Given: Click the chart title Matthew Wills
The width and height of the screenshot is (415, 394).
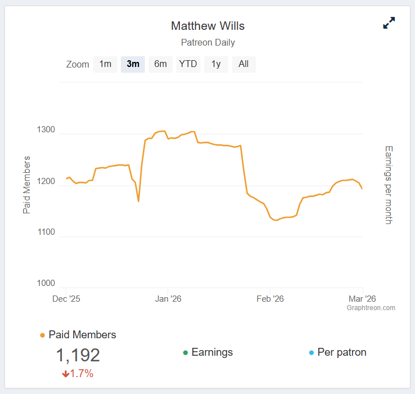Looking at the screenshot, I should [207, 26].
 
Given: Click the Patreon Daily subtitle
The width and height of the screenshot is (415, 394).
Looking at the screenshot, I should [207, 42].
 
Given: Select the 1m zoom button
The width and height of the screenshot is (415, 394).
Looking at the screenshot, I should [105, 64].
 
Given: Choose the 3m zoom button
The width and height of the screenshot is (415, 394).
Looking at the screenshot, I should [133, 64].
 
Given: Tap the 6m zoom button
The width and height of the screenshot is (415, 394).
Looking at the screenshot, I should [160, 64].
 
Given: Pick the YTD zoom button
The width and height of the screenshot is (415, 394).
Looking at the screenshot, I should [188, 64].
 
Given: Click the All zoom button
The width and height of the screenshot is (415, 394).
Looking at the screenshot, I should [243, 64].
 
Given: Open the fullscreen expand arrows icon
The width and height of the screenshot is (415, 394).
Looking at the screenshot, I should [389, 23].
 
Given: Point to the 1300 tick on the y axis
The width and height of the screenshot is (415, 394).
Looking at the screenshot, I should [46, 130].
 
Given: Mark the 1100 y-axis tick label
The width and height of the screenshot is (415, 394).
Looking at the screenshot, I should [46, 232].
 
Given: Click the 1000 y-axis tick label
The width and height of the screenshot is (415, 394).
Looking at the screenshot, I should [46, 284].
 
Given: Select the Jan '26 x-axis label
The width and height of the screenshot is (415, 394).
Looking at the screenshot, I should [168, 299].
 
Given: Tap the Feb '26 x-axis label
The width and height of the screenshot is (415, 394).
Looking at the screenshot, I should [270, 299].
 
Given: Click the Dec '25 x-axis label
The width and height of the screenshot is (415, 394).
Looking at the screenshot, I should [66, 299].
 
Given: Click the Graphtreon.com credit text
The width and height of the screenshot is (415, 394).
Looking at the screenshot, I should [371, 308].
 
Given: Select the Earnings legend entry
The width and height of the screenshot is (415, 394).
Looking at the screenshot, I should [212, 352].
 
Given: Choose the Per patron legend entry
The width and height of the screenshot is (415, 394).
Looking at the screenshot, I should [341, 352].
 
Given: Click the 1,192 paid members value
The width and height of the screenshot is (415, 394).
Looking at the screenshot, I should [78, 355].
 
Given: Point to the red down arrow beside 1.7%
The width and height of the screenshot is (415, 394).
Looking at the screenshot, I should [65, 374].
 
